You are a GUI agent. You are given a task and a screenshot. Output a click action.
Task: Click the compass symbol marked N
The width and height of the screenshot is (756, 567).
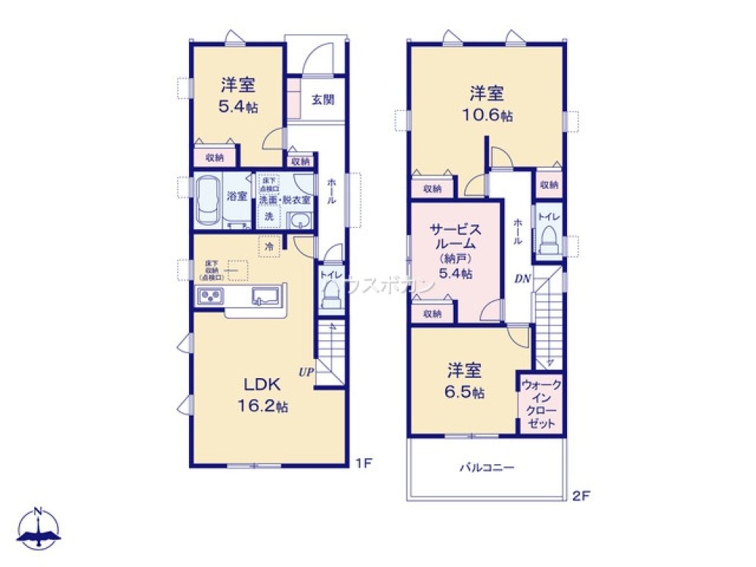tap(39, 528)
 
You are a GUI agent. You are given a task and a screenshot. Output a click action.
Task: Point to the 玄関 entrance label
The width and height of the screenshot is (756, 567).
tap(324, 100)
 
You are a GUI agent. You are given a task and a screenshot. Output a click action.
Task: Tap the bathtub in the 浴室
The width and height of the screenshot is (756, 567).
tap(208, 200)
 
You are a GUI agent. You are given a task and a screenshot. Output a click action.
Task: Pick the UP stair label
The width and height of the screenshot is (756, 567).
tap(306, 371)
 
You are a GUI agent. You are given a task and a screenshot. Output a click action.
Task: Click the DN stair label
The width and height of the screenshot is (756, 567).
tap(522, 279)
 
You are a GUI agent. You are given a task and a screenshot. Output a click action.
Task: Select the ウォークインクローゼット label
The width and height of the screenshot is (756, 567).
tap(540, 404)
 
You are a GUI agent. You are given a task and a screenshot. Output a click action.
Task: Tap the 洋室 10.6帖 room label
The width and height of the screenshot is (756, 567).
tap(488, 105)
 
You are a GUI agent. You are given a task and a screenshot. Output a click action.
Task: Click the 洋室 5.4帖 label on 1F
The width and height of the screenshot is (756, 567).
tap(237, 95)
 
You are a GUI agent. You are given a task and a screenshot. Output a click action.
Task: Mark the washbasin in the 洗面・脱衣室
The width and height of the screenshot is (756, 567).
tap(300, 221)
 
